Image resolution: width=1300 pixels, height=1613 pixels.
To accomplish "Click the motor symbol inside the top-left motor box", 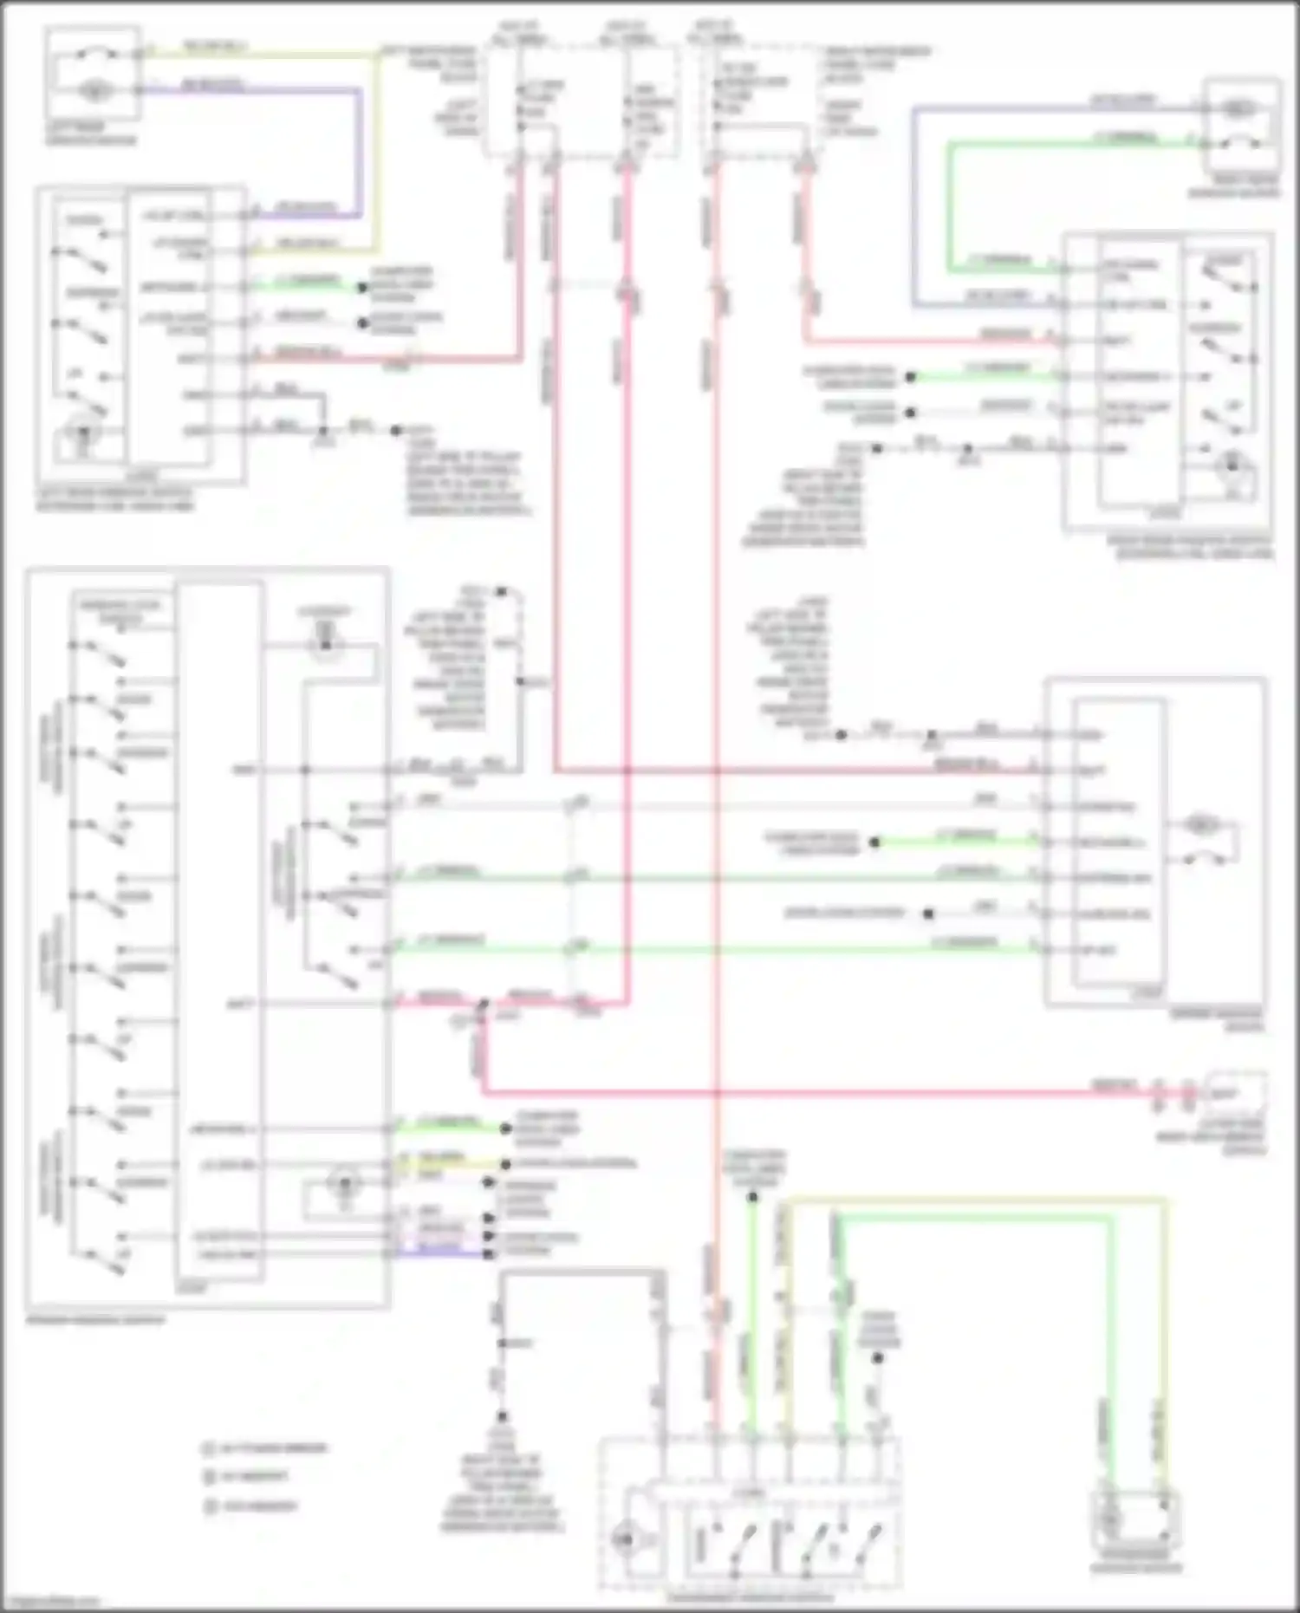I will pos(93,89).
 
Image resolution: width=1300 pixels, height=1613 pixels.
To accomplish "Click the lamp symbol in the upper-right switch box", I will pos(1231,468).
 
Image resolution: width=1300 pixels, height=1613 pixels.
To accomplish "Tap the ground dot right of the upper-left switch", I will pos(396,430).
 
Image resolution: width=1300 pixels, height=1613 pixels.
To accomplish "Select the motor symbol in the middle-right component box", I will pos(1200,824).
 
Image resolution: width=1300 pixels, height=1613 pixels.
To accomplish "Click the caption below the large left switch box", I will pos(95,1320).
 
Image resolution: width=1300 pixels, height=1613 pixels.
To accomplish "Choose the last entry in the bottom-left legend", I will pos(251,1506).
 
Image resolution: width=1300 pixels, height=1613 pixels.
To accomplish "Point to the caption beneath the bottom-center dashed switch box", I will pos(750,1597).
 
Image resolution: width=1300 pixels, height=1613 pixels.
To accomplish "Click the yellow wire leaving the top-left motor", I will pos(260,54).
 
